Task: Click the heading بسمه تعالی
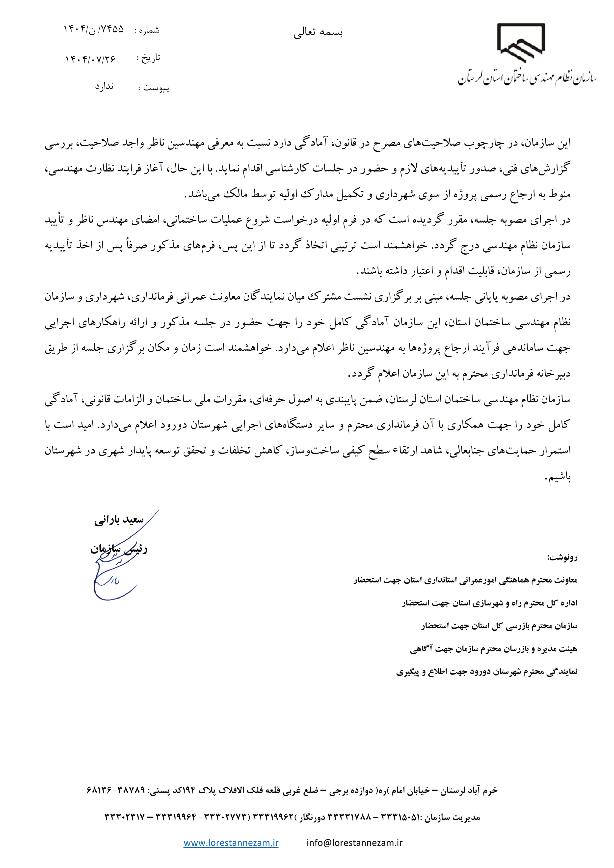click(318, 33)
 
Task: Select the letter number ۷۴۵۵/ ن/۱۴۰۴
click(93, 29)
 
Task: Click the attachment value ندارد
click(104, 87)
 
